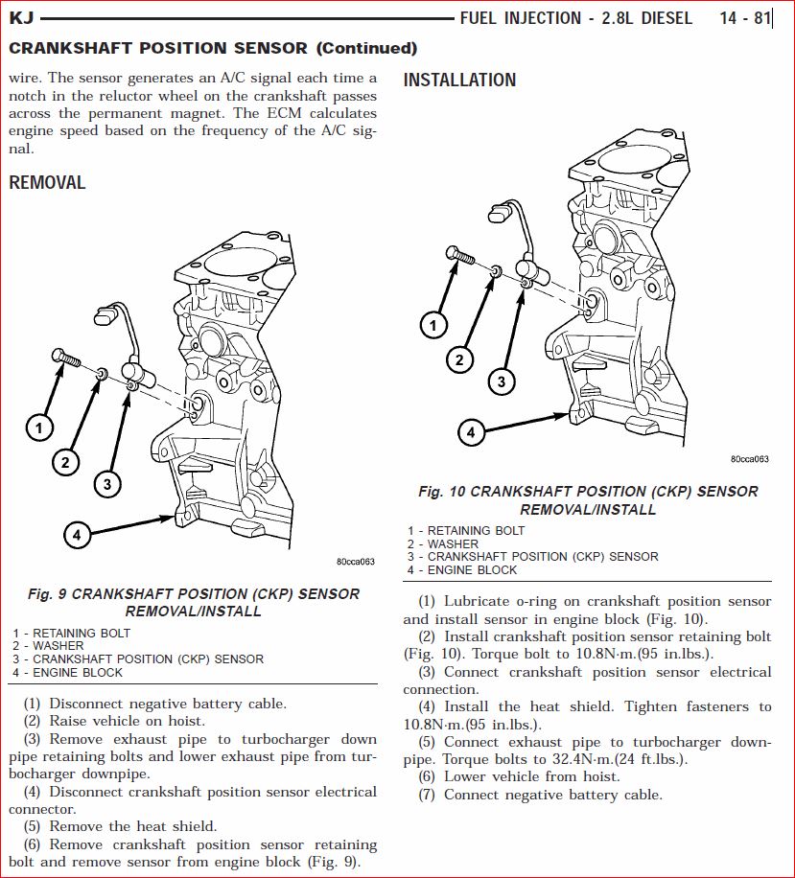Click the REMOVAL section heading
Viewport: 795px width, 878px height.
coord(47,182)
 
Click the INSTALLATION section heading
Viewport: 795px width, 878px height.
coord(459,81)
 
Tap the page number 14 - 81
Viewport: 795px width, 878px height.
coord(744,18)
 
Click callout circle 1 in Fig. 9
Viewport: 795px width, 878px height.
coord(38,427)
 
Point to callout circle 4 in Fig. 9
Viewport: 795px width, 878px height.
coord(77,534)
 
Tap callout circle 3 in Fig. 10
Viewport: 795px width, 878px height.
coord(501,382)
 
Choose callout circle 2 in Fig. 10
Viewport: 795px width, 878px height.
coord(459,360)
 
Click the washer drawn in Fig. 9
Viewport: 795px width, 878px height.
coord(102,371)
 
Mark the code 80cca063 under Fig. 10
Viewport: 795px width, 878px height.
coord(750,459)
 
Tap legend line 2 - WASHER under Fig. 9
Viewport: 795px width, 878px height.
coord(48,646)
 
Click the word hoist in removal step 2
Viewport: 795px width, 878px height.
coord(188,721)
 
